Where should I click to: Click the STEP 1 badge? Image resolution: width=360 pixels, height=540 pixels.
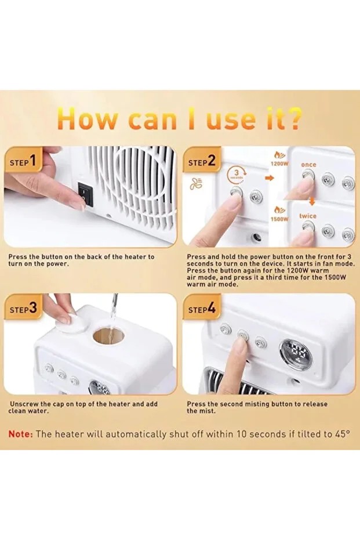coord(25,161)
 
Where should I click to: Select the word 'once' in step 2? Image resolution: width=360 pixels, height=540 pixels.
coord(308,165)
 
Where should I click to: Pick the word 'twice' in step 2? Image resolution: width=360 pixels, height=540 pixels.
coord(308,216)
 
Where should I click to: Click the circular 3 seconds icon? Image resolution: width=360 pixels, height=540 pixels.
coord(236,172)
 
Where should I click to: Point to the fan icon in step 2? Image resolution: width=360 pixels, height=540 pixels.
coord(195,184)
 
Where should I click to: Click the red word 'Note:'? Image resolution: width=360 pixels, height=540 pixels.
coord(21,434)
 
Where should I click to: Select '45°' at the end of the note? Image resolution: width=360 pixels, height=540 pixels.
coord(341,434)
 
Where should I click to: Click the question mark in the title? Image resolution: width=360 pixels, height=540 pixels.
coord(293,118)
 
